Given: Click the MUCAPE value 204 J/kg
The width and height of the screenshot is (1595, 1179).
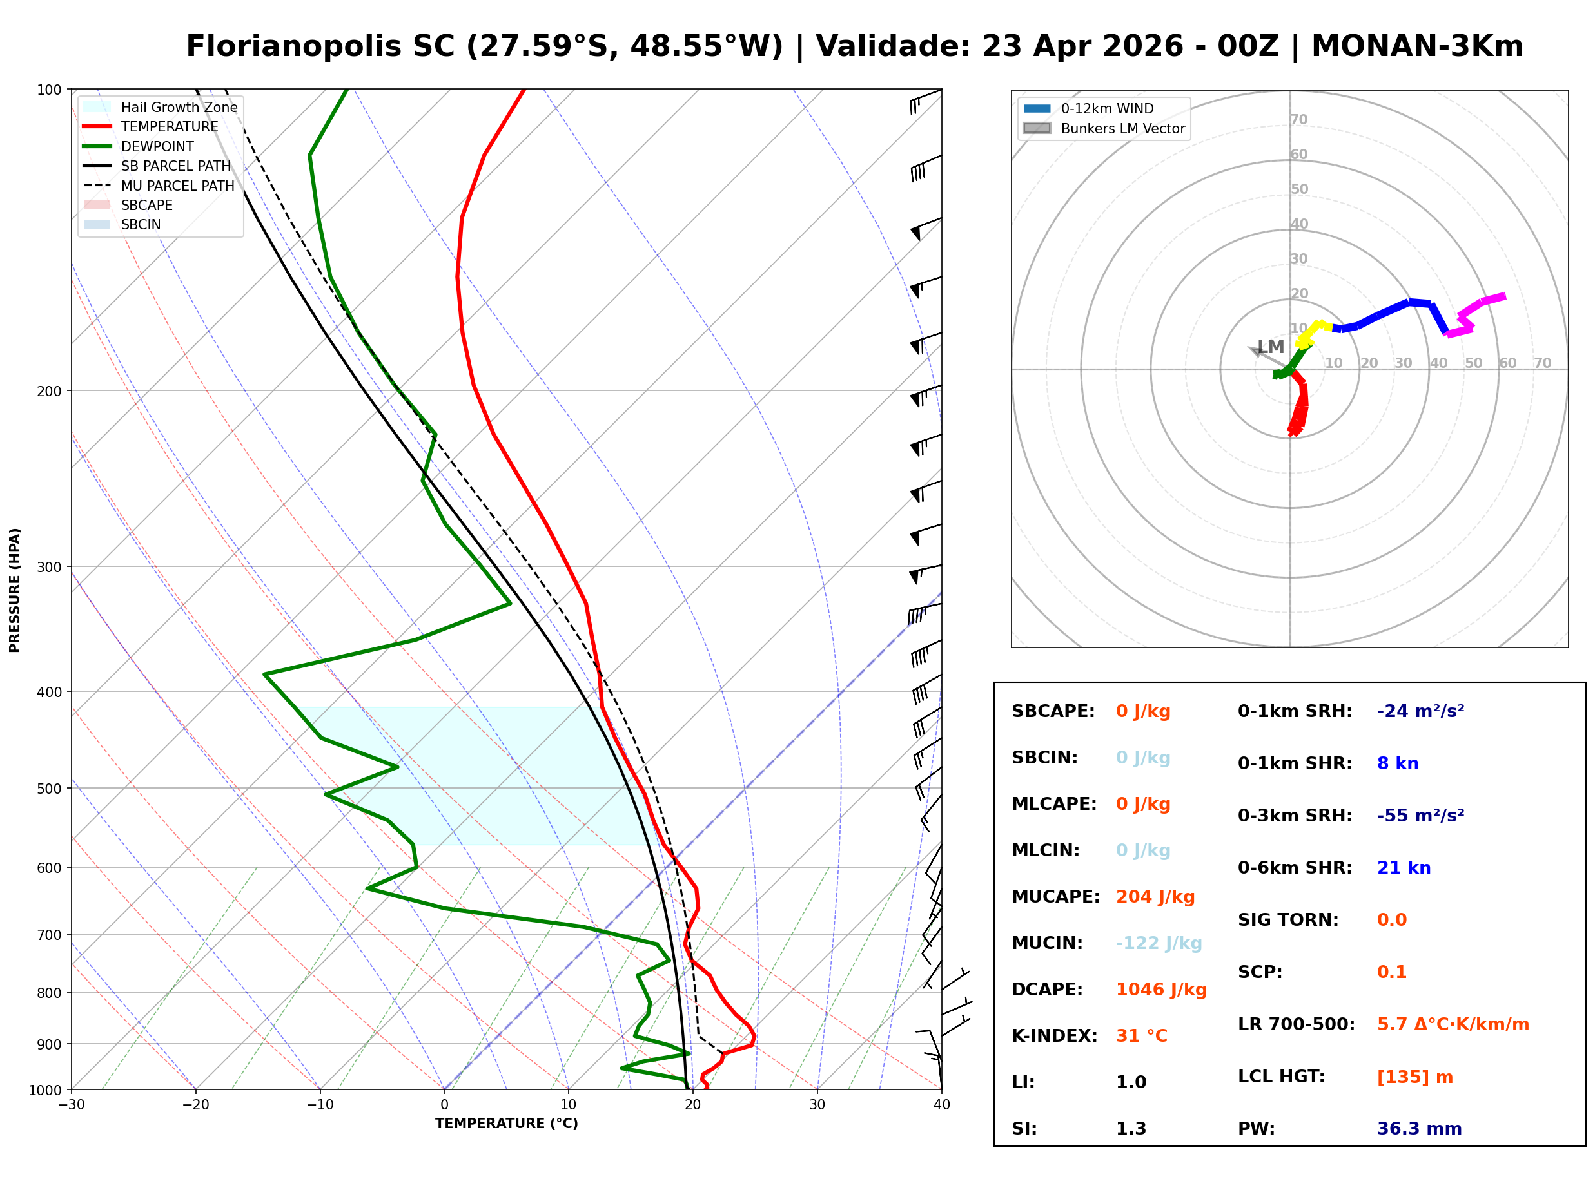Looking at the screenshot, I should click(1155, 896).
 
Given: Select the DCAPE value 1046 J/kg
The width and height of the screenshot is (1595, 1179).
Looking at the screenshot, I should click(1161, 989).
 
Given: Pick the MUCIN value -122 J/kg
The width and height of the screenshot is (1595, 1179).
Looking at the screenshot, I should click(1158, 943).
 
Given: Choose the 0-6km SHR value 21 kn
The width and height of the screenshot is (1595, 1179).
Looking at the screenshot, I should click(1403, 867).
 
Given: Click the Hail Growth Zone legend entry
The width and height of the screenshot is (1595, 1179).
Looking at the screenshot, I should click(179, 107).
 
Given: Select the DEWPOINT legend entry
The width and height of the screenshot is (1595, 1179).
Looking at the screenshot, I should click(157, 146).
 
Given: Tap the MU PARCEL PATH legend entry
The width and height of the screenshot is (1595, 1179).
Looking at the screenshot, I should click(177, 186).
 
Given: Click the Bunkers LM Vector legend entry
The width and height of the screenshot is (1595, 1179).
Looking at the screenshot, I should click(1122, 128).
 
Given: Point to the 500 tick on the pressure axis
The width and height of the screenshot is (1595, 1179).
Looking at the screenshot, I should click(49, 789).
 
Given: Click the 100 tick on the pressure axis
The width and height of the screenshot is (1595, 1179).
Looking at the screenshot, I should click(49, 89).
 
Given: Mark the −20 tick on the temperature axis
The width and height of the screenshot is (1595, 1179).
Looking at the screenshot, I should click(195, 1105).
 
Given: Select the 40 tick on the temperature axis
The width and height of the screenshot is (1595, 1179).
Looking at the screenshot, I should click(941, 1105).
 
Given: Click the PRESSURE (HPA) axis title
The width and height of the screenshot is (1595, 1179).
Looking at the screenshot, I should click(15, 589).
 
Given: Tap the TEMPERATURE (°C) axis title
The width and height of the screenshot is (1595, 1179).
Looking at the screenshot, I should click(506, 1124).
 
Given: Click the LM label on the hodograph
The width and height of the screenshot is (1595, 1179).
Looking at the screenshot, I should click(1270, 347).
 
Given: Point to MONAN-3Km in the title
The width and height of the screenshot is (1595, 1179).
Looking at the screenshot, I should click(1417, 46).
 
